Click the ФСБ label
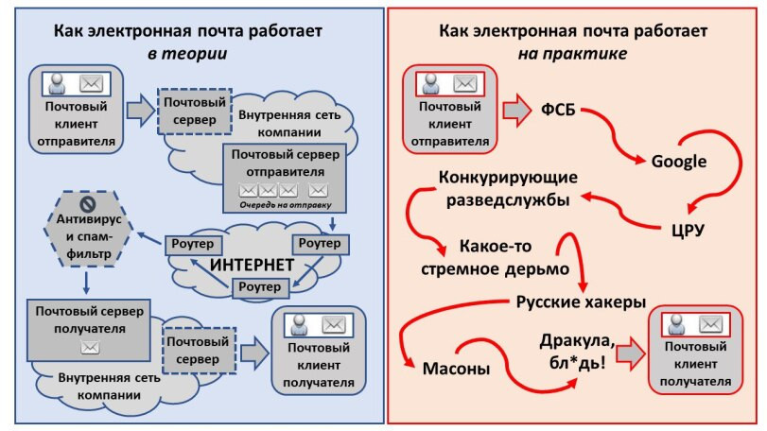click(558, 108)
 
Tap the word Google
click(678, 161)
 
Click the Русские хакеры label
click(581, 302)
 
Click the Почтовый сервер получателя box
click(90, 328)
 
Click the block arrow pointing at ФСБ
click(516, 109)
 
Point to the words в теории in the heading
click(186, 53)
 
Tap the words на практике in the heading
click(572, 53)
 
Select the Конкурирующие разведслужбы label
click(508, 188)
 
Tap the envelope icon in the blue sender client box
click(92, 82)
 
